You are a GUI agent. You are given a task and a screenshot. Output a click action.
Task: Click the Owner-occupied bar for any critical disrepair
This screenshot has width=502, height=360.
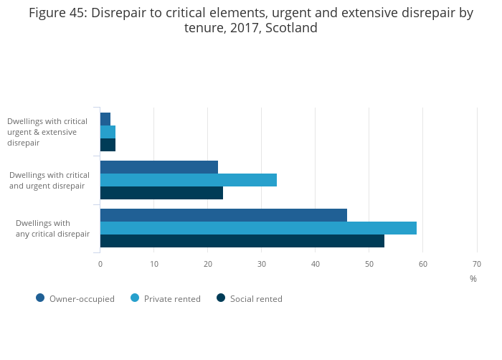[x=224, y=215]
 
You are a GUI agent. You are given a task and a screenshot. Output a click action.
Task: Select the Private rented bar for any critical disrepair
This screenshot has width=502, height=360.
[x=258, y=228]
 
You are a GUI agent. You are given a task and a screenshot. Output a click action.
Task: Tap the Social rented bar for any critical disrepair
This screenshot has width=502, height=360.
[x=242, y=241]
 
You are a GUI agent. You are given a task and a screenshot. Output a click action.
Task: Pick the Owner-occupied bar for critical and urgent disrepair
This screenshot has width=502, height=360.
[x=159, y=167]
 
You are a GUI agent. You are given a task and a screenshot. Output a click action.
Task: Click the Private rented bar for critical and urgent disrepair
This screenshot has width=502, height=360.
[x=189, y=180]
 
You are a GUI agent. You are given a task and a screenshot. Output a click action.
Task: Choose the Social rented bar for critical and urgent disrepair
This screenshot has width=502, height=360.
[x=161, y=193]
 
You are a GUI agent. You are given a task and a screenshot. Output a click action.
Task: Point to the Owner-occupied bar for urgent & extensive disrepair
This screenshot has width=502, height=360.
[x=105, y=119]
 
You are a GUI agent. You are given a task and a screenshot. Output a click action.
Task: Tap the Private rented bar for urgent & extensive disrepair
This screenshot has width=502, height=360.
[x=108, y=132]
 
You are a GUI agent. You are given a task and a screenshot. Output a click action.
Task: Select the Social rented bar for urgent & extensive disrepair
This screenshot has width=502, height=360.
[x=108, y=145]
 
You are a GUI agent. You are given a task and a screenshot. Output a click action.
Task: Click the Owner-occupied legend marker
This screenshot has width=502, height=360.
[x=40, y=298]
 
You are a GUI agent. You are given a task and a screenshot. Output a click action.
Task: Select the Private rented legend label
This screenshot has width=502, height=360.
[x=172, y=299]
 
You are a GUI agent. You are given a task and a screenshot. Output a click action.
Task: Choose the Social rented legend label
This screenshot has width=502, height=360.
[x=256, y=299]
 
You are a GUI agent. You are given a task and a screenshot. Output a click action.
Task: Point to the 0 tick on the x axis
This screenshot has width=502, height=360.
[x=100, y=264]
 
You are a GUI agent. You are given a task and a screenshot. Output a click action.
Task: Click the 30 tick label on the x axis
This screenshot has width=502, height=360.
[x=261, y=264]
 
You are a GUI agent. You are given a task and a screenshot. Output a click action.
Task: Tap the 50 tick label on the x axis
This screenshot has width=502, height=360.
[x=369, y=264]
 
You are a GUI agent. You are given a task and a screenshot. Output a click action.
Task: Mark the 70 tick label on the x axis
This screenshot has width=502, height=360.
[x=476, y=264]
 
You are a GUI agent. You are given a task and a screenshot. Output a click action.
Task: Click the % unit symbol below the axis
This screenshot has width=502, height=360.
[x=473, y=279]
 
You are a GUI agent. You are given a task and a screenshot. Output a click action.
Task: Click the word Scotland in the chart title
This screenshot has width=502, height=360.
[x=290, y=28]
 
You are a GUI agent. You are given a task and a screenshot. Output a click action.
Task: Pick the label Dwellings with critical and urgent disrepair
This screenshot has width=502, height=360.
[x=49, y=180]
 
